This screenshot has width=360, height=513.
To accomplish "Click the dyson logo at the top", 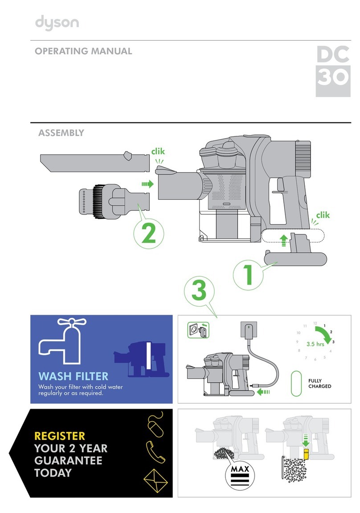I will [57, 21].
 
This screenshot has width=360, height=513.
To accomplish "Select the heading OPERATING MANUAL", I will [83, 51].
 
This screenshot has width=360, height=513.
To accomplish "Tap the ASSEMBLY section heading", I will [61, 132].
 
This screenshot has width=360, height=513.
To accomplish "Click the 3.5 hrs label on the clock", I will [315, 345].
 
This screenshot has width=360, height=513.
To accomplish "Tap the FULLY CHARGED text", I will [320, 383].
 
